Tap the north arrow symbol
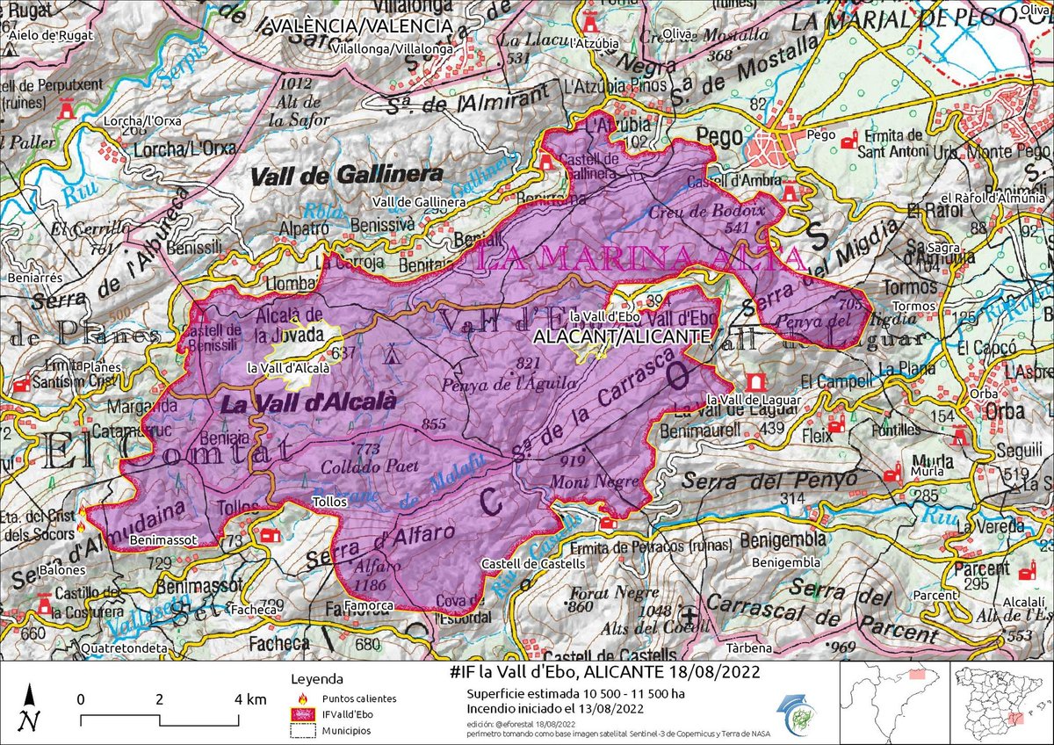tap(31, 707)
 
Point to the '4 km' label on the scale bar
tap(250, 700)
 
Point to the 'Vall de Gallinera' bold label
tap(346, 175)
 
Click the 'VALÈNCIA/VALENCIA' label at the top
tap(363, 27)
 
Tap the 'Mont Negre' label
tap(582, 482)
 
